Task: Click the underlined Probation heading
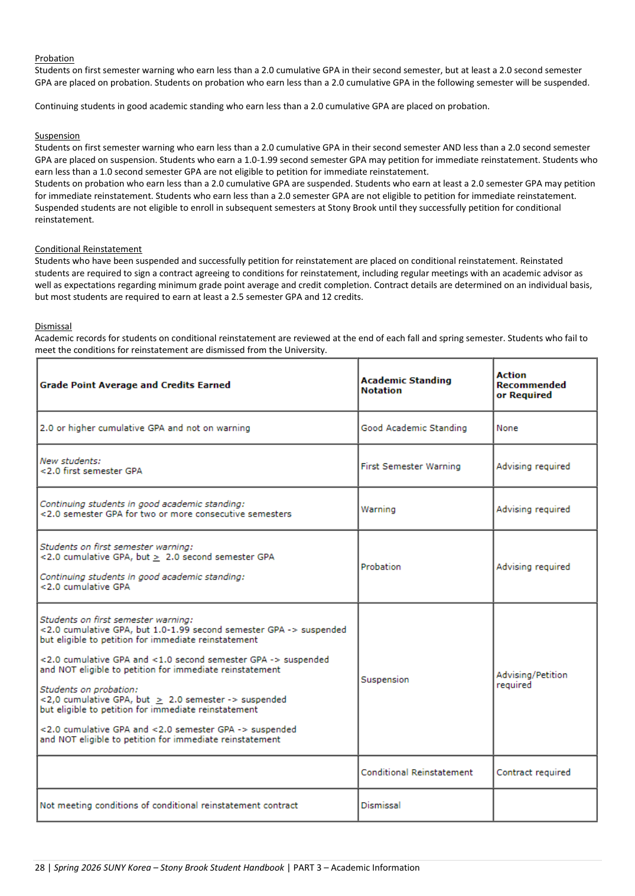[54, 58]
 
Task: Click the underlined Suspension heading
[57, 136]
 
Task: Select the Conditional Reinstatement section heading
[88, 249]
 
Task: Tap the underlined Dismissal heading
[53, 326]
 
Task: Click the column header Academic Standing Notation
[406, 385]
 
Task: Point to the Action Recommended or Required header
[530, 385]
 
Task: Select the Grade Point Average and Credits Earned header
[135, 385]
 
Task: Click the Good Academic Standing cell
[413, 428]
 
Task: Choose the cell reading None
[507, 428]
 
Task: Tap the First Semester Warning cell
[411, 466]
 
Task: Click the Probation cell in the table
[381, 567]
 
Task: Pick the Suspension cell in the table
[385, 679]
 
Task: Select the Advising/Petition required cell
[532, 680]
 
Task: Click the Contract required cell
[533, 772]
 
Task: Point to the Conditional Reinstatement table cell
[416, 772]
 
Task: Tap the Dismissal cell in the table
[380, 805]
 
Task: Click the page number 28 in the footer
[40, 868]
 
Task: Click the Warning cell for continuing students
[378, 509]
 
